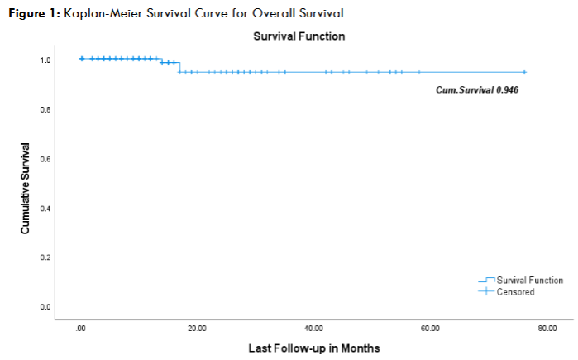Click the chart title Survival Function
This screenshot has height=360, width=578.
coord(299,36)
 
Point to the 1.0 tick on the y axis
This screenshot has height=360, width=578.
coord(46,60)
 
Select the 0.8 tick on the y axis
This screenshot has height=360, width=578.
coord(46,109)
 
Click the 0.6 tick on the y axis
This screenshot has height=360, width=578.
coord(46,159)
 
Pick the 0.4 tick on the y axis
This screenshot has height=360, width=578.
coord(46,208)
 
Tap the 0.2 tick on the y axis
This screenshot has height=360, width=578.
coord(46,257)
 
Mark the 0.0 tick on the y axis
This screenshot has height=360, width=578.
coord(46,307)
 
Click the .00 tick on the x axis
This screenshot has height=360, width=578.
coord(80,328)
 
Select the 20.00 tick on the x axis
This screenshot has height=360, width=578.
coord(197,328)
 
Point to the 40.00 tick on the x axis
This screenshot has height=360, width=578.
coord(313,328)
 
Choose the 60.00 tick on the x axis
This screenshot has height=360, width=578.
coord(430,328)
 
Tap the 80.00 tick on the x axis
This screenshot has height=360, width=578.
coord(547,328)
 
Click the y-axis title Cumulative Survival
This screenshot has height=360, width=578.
coord(26,188)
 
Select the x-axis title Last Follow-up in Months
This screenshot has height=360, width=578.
coord(314,348)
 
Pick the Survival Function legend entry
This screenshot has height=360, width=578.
coord(529,281)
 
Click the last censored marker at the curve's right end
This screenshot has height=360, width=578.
coord(524,72)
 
